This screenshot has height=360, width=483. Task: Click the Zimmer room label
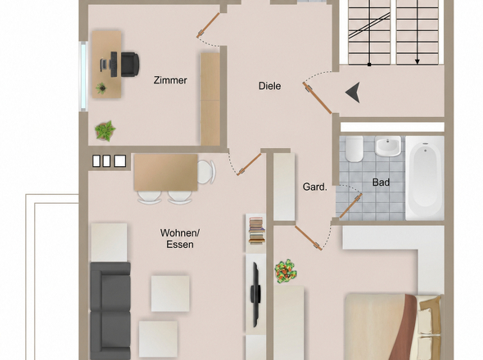(x=170, y=80)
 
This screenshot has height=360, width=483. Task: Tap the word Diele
(x=269, y=86)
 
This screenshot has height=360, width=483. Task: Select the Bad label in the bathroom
(x=381, y=182)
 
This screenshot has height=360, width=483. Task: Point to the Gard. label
(x=315, y=187)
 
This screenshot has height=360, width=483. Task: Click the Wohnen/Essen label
(x=180, y=239)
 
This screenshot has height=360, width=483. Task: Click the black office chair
(x=130, y=65)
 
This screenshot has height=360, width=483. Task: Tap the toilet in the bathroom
(x=354, y=149)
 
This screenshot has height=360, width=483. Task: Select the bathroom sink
(x=388, y=146)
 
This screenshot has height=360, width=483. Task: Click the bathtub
(x=425, y=178)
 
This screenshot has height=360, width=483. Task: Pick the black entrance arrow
(x=354, y=92)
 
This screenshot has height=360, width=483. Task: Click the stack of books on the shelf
(x=257, y=231)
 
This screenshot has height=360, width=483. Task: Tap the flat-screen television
(x=255, y=295)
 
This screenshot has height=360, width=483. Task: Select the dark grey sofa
(x=111, y=310)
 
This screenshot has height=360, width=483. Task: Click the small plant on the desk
(x=101, y=88)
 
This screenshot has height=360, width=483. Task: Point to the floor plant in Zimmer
(x=105, y=131)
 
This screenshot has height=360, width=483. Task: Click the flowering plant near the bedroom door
(x=286, y=271)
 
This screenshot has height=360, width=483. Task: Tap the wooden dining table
(x=165, y=173)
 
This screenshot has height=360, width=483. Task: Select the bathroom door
(x=350, y=205)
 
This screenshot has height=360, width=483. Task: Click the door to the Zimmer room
(x=208, y=25)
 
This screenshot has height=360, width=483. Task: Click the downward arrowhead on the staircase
(x=418, y=61)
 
